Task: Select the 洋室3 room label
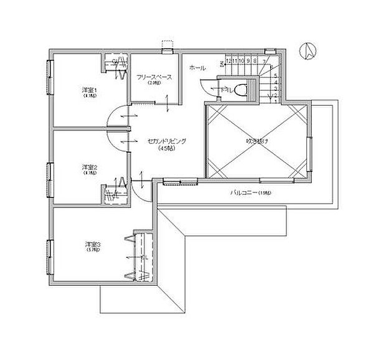[x=93, y=244]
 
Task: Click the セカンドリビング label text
[x=167, y=141]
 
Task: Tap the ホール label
[x=197, y=67]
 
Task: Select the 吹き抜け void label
[x=256, y=142]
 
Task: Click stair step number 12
[x=228, y=61]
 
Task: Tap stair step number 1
[x=275, y=102]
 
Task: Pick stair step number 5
[x=275, y=75]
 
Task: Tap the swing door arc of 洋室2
[x=113, y=141]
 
